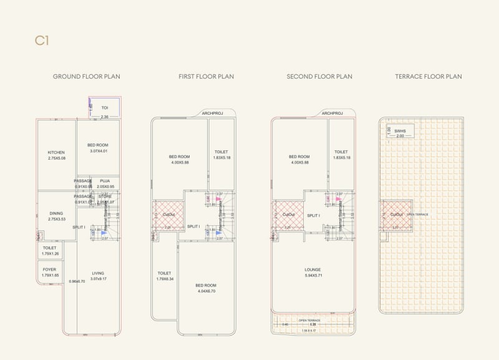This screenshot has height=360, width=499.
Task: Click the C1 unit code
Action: click(42, 41)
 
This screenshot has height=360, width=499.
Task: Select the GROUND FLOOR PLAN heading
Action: click(86, 77)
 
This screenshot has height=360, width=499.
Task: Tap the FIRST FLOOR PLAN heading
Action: click(206, 77)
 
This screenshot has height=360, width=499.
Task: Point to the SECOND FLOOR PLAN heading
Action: click(319, 77)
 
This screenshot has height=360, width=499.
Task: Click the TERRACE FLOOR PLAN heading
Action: click(429, 77)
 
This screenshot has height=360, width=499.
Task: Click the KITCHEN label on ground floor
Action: click(56, 152)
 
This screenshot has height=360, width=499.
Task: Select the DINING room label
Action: click(56, 213)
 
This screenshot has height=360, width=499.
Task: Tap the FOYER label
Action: click(49, 270)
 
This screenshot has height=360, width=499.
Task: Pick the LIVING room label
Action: click(99, 273)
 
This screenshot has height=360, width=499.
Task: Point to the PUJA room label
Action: click(105, 181)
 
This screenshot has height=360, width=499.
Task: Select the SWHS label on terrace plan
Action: click(400, 131)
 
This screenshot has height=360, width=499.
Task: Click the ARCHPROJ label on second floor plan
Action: click(332, 114)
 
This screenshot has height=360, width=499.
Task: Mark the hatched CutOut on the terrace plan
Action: click(397, 215)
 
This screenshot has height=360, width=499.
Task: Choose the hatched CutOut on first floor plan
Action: click(168, 215)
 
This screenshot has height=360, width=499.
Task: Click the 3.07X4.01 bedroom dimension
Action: click(99, 150)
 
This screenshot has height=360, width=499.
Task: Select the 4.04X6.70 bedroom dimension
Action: click(206, 291)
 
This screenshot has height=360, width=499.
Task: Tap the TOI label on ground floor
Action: click(105, 108)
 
